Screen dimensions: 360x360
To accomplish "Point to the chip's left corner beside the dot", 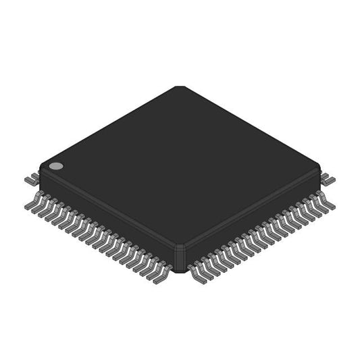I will (41, 173).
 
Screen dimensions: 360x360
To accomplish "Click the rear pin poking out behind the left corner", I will (30, 180).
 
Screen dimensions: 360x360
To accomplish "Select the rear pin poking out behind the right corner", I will (329, 179).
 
